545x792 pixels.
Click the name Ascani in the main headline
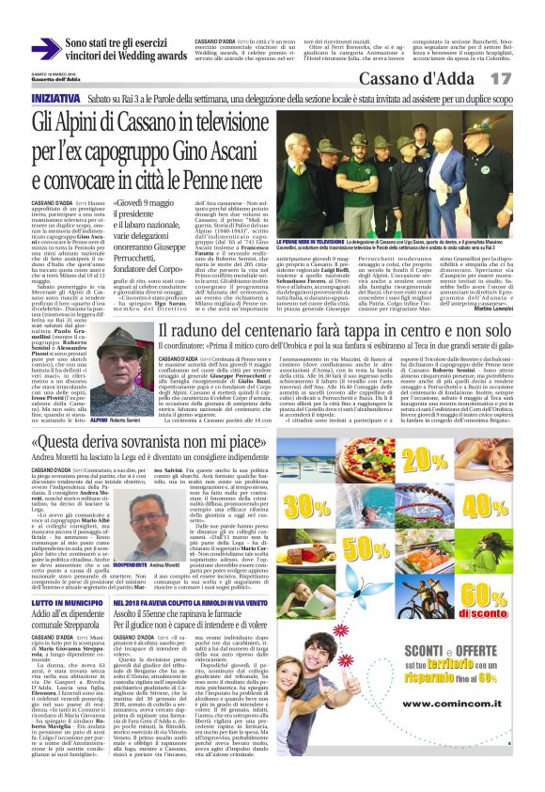click(x=251, y=149)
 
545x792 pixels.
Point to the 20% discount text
click(x=424, y=458)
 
